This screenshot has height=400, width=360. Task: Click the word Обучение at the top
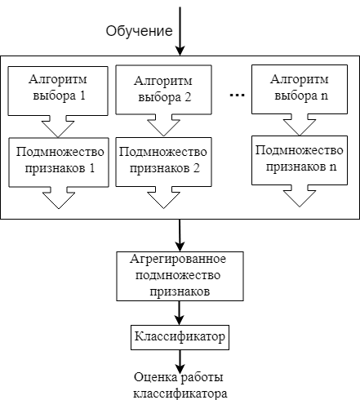139,31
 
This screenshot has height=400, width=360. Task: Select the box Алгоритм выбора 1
58,91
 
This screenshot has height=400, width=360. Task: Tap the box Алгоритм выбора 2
163,90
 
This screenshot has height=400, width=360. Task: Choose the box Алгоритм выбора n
300,89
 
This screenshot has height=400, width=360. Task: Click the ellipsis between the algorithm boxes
238,95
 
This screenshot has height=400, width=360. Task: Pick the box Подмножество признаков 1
59,162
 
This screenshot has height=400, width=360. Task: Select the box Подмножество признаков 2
163,162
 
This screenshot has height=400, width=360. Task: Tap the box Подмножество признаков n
300,160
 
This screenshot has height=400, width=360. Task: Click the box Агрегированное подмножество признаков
180,276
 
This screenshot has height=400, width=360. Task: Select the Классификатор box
180,337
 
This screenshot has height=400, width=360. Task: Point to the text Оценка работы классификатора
180,385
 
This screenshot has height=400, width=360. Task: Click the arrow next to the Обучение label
180,31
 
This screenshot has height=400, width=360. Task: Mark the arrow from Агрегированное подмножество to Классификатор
179,313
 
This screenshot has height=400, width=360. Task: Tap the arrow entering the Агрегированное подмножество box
180,235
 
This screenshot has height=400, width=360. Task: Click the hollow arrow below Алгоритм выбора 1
58,127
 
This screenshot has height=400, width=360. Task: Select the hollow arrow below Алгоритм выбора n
300,125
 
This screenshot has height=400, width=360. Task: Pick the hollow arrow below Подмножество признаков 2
163,198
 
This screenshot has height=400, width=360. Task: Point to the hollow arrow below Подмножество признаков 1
59,198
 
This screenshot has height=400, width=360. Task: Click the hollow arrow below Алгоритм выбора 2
163,125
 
